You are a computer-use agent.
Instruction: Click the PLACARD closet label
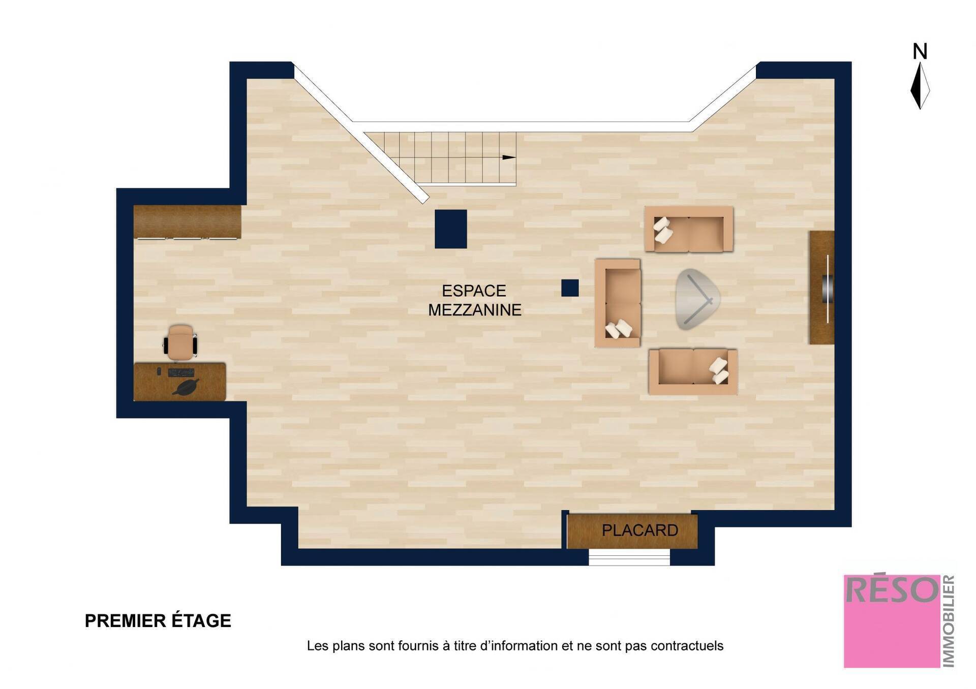[639, 530]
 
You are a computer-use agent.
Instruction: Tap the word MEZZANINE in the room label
[474, 310]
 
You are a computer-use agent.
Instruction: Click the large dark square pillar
[450, 229]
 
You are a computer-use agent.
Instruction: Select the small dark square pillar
[570, 288]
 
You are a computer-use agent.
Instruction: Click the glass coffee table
[697, 299]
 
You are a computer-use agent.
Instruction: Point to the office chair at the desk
[180, 342]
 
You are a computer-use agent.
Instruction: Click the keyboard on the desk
[181, 373]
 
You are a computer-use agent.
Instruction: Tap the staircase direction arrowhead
[509, 158]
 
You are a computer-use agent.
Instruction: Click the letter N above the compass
[920, 52]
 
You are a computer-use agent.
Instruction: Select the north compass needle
[920, 85]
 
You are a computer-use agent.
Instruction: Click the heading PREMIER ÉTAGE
[158, 621]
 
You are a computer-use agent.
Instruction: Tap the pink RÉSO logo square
[892, 621]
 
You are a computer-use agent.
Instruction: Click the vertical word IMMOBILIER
[949, 621]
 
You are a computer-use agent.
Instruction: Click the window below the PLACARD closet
[629, 557]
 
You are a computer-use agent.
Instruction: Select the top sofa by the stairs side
[689, 229]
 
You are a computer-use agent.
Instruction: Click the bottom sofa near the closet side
[693, 371]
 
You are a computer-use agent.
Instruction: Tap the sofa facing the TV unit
[618, 303]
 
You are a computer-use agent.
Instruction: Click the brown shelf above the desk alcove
[187, 222]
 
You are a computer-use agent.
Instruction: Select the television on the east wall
[828, 289]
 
